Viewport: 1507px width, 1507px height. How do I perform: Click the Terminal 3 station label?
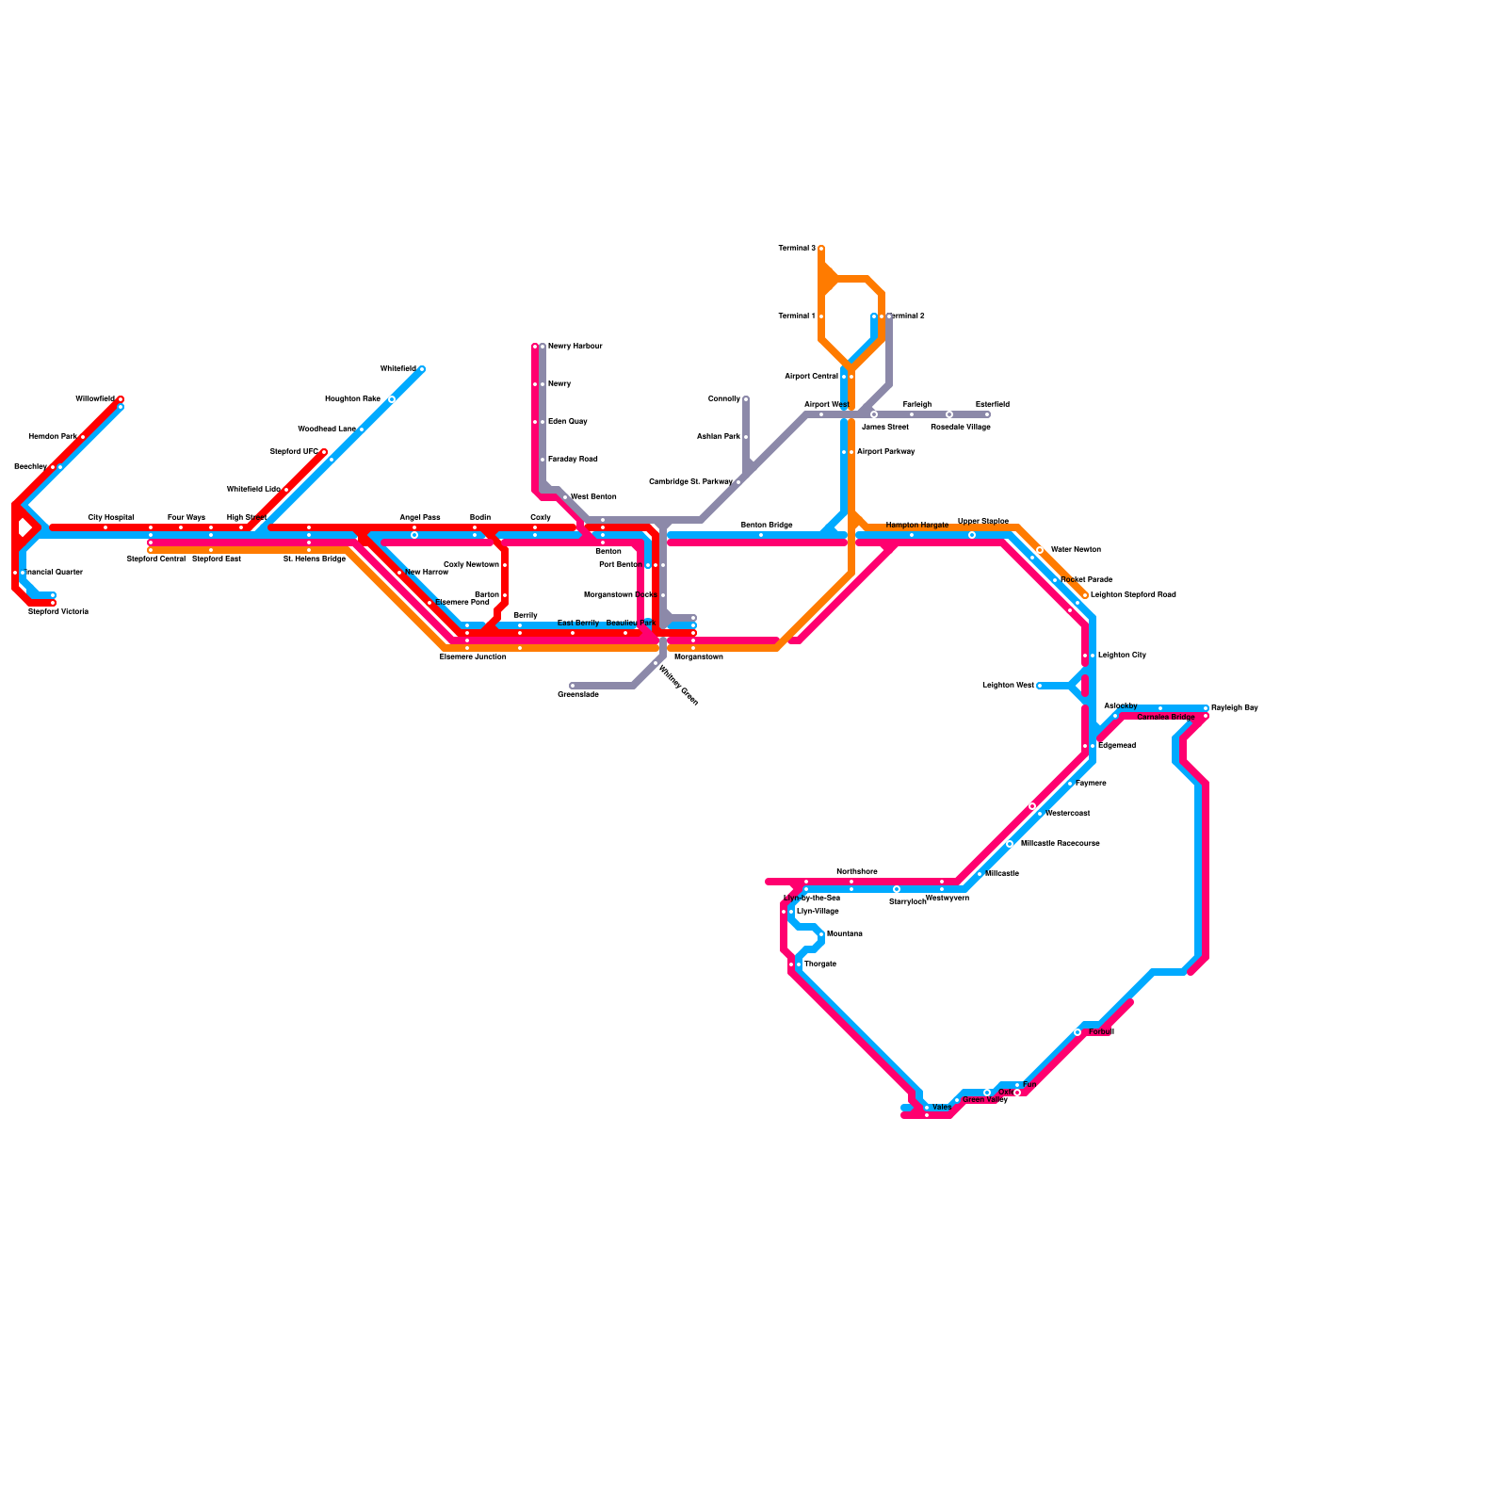point(797,249)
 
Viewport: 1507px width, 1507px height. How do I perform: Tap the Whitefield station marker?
point(421,369)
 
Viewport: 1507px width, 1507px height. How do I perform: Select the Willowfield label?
point(95,399)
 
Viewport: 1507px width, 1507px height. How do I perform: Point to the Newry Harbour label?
point(575,347)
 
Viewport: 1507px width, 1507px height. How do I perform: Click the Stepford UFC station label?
point(294,452)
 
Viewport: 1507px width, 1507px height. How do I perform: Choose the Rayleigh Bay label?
point(1234,707)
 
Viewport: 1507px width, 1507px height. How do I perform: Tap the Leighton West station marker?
point(1040,686)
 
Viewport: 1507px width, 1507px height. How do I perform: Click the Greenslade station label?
point(577,695)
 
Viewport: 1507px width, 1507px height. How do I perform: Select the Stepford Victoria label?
point(57,612)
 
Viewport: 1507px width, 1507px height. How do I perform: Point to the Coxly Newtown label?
point(471,565)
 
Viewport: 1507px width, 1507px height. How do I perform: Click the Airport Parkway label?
point(885,452)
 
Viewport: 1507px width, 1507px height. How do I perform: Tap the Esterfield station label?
point(992,405)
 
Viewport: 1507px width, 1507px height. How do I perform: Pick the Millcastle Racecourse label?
point(1060,844)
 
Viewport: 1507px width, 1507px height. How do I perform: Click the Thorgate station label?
point(819,964)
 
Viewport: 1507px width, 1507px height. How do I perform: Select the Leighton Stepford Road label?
point(1133,595)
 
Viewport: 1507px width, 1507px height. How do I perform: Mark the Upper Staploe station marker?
point(972,535)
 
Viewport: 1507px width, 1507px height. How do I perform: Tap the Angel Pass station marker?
point(414,535)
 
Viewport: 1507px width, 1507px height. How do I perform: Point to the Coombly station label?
point(723,399)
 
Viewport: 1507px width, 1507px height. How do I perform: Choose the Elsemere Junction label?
point(473,657)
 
